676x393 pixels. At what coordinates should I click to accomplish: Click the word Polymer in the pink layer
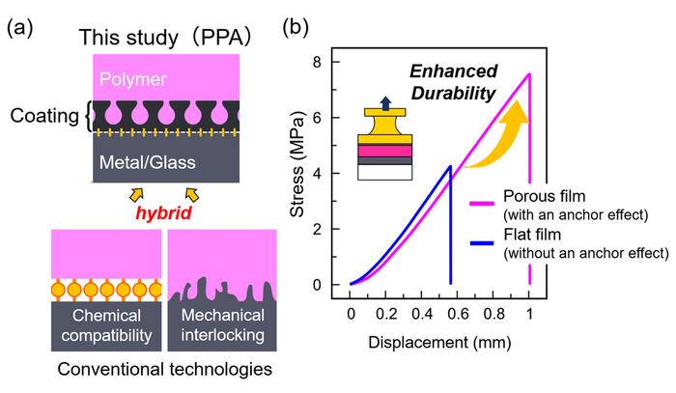133,79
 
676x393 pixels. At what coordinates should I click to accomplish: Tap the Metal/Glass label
148,162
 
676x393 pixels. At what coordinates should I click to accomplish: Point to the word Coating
44,116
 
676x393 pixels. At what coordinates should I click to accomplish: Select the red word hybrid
163,212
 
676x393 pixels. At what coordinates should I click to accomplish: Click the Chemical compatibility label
106,325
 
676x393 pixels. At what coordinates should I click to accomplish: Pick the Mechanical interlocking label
222,324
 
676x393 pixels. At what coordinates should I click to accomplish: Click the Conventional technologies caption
165,369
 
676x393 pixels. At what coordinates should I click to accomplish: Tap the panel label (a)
20,29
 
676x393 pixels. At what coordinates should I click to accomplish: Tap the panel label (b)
296,28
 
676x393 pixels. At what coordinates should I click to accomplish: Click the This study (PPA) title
165,37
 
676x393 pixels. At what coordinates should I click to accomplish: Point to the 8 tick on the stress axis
318,62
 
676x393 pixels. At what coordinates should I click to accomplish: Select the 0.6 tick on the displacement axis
458,314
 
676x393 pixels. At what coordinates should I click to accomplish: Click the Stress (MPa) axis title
297,164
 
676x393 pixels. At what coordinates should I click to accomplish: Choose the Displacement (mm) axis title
439,343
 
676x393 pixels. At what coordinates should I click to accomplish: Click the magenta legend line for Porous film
482,203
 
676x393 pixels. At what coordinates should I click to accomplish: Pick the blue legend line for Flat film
482,243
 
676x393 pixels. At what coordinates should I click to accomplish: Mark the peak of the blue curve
451,166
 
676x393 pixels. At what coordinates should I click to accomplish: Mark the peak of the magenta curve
529,73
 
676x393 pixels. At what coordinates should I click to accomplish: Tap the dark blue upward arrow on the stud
386,103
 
